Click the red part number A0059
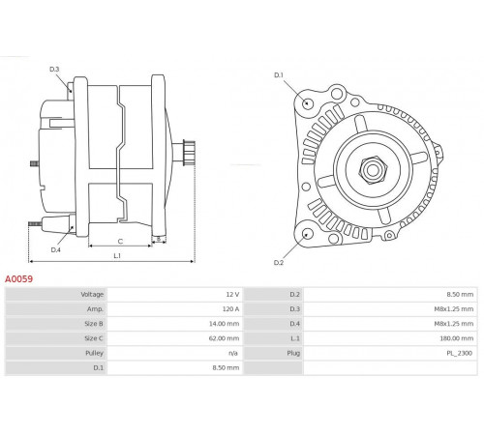point(18,278)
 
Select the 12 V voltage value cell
point(232,294)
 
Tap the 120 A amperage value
point(230,309)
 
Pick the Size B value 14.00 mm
point(225,324)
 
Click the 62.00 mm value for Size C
point(225,338)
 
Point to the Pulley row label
point(94,353)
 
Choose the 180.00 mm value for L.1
point(457,338)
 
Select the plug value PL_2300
point(460,353)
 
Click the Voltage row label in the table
point(92,294)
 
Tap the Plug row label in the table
point(293,353)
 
